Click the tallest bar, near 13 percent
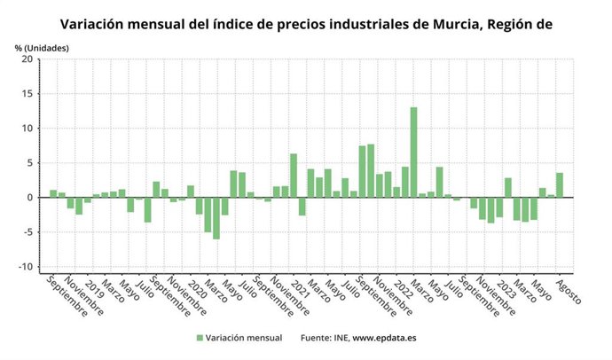[x=413, y=152]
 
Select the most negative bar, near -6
[x=216, y=218]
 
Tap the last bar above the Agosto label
[x=559, y=184]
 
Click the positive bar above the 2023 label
[x=508, y=187]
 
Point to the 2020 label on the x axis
[x=195, y=286]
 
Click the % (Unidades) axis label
[x=40, y=45]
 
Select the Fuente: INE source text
[x=324, y=338]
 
